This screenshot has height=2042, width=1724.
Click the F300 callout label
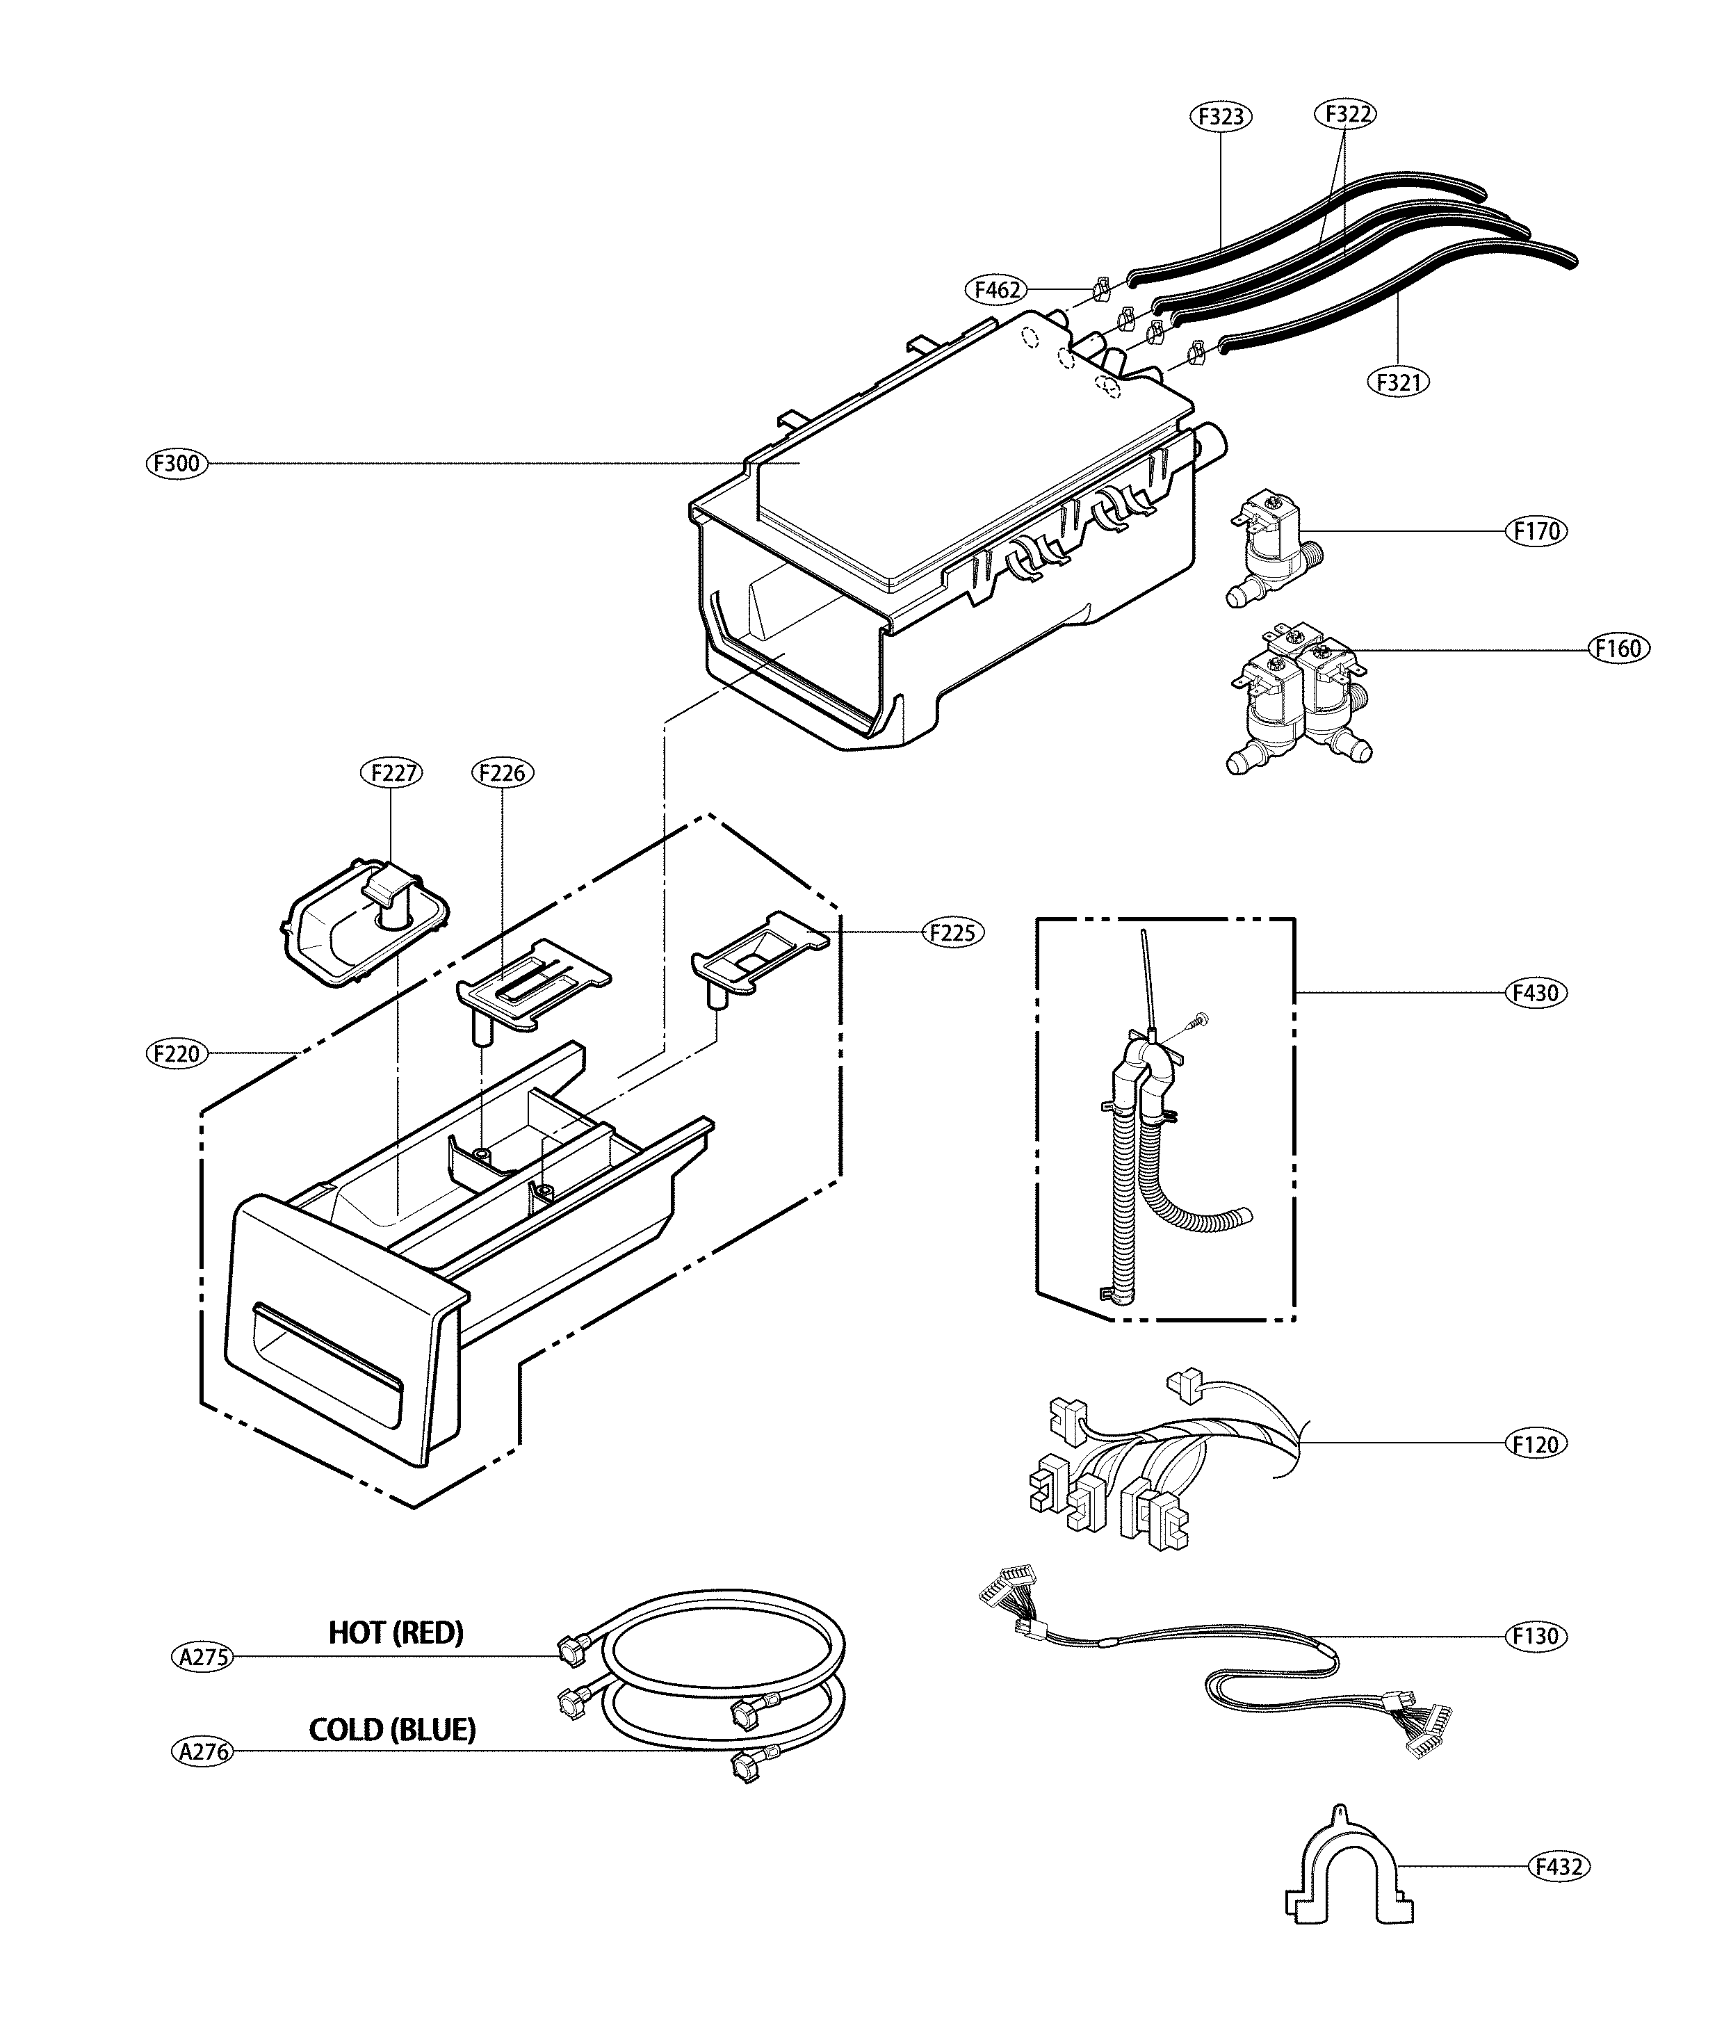pos(177,463)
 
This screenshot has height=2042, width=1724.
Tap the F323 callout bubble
pos(1221,116)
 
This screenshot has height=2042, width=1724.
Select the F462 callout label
pos(997,289)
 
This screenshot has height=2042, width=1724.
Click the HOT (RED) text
pos(396,1633)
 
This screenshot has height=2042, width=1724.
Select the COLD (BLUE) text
pos(393,1731)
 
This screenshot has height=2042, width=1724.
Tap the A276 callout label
pos(203,1751)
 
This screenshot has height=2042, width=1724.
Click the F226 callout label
pos(503,773)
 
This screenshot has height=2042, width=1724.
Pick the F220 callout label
pos(177,1054)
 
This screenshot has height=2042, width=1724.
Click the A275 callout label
pos(203,1657)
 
